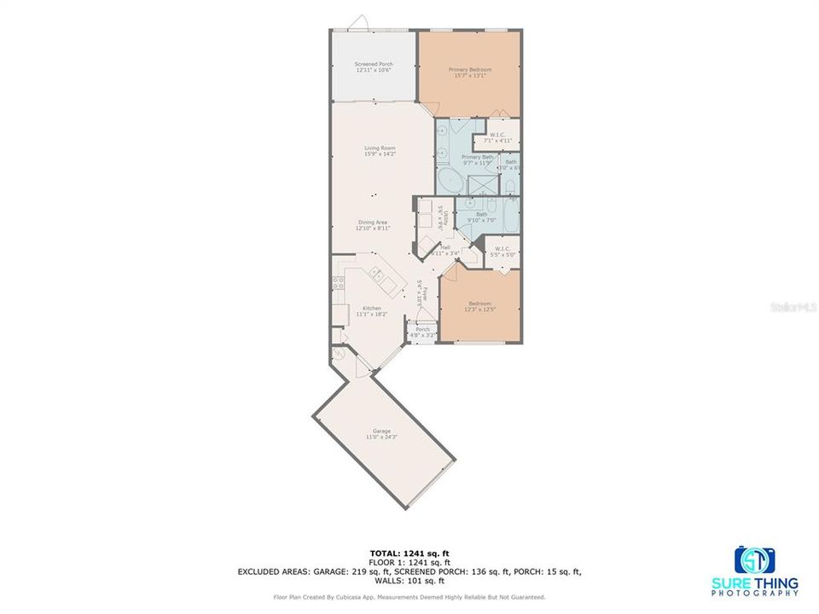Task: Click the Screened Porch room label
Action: [x=374, y=67]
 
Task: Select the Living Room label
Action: [x=380, y=151]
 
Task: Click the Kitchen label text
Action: [x=372, y=310]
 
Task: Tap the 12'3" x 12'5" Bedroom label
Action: [x=479, y=305]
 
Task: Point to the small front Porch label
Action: [x=422, y=332]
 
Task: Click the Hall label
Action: [x=445, y=250]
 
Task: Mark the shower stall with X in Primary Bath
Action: [x=485, y=183]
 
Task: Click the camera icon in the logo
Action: [x=755, y=560]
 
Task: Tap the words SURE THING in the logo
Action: [x=766, y=583]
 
